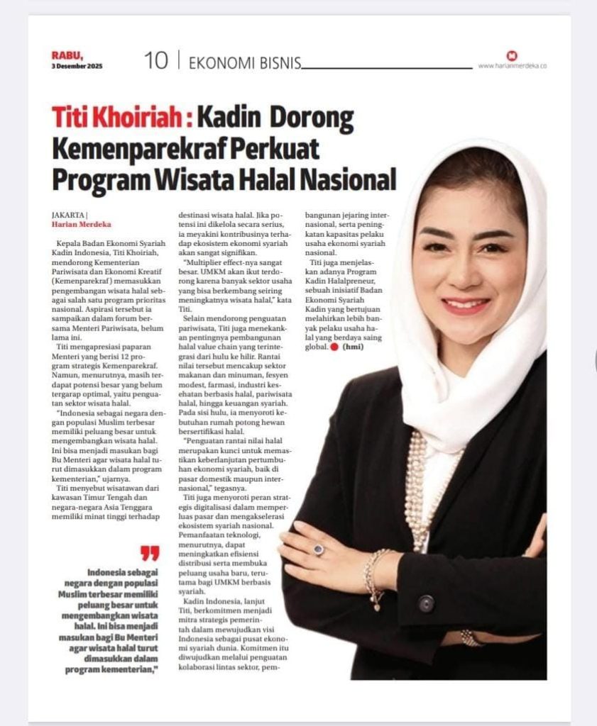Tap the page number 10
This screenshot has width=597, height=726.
coord(155,61)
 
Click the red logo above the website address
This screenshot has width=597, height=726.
coord(512,55)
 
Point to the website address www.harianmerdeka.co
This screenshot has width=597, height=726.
coord(512,66)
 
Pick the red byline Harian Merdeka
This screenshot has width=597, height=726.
coord(80,224)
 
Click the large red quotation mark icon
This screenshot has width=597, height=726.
coord(149,554)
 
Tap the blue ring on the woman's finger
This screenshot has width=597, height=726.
coord(319,549)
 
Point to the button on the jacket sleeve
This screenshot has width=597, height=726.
coord(425,604)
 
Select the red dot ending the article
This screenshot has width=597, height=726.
coord(334,348)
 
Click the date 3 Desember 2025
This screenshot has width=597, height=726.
coord(77,66)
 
